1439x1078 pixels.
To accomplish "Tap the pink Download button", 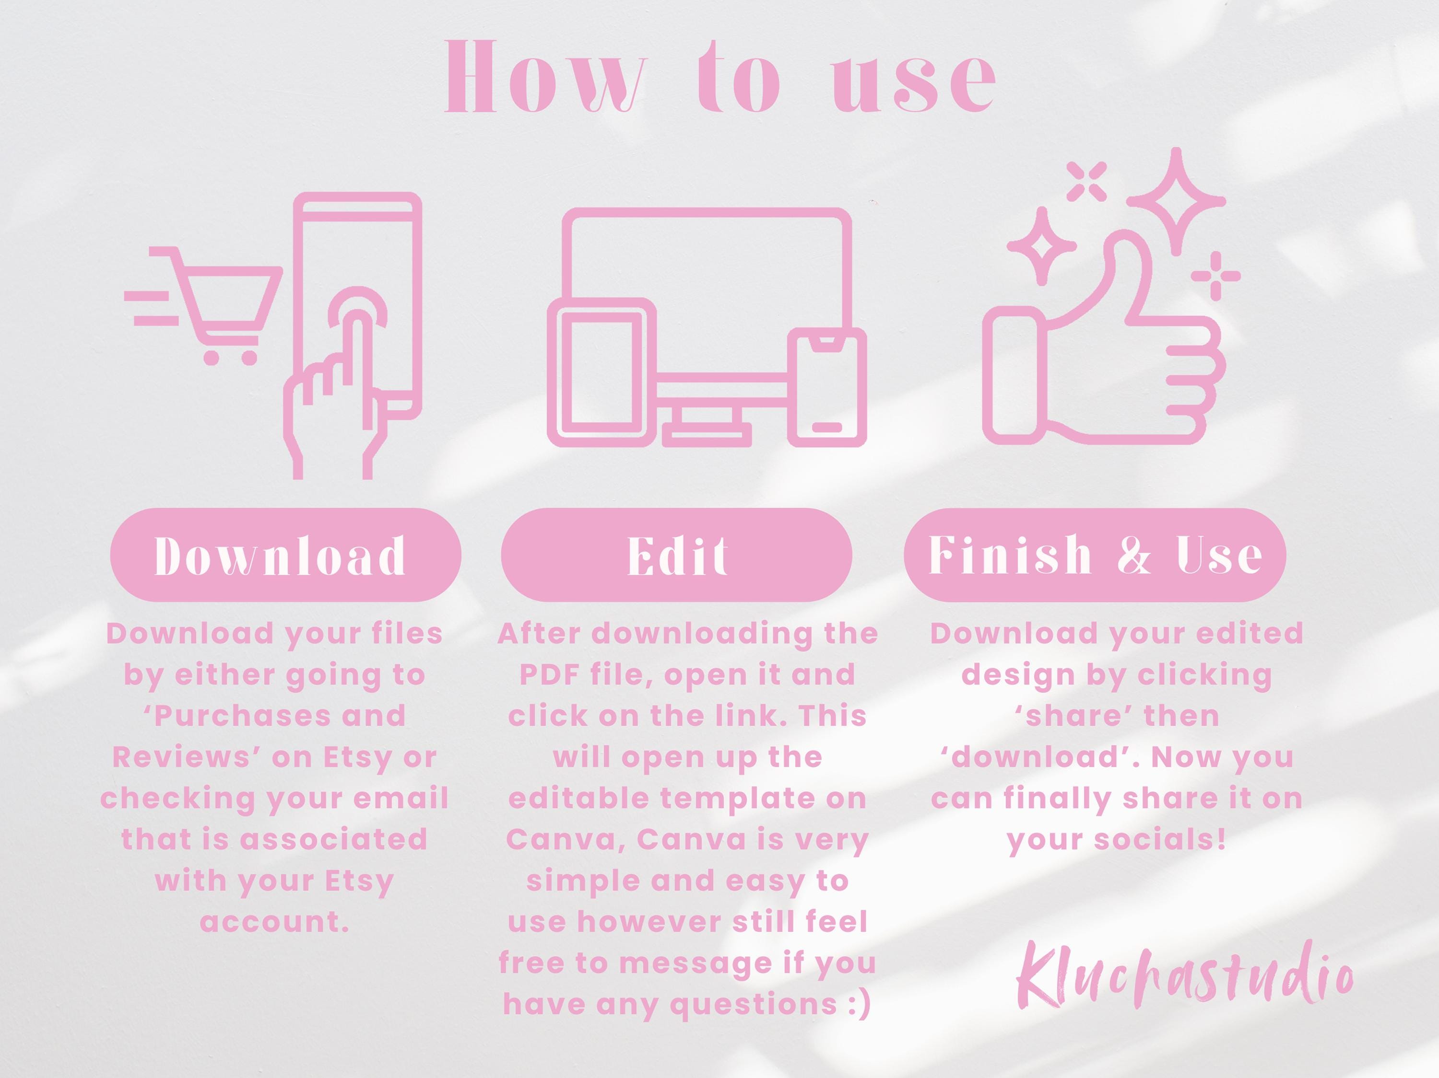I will point(285,555).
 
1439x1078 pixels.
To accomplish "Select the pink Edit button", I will point(676,555).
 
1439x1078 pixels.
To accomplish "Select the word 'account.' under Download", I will point(274,921).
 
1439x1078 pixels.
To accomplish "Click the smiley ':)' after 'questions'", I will point(860,1005).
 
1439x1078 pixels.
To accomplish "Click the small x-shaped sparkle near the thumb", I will point(1087,180).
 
